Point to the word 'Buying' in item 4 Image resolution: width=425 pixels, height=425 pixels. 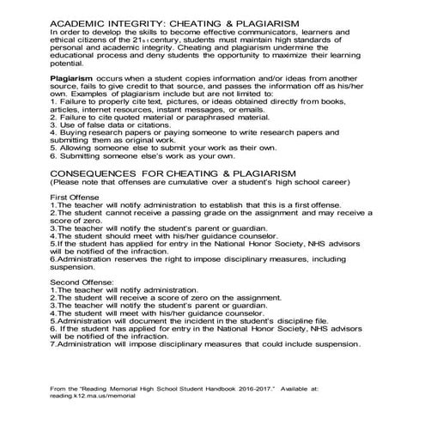(x=73, y=147)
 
